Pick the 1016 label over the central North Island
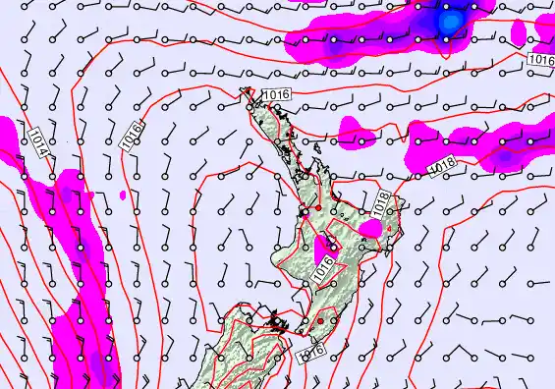(325, 267)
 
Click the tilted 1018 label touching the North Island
(383, 204)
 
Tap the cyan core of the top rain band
(450, 20)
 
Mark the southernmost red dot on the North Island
(320, 320)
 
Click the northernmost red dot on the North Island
(317, 208)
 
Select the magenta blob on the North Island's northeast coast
(370, 228)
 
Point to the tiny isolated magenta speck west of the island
(123, 194)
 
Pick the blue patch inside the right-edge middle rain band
(506, 154)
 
